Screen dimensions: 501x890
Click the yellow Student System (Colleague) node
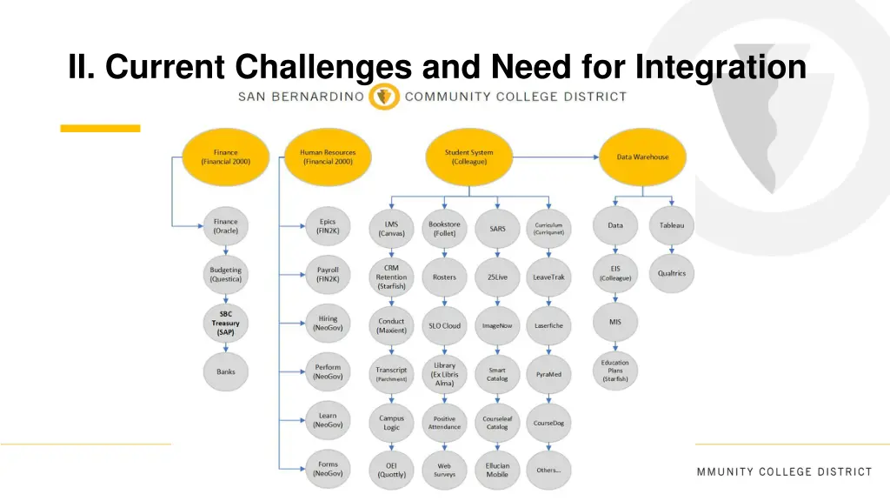point(468,157)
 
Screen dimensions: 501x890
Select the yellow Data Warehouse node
point(642,157)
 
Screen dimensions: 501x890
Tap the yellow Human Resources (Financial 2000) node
point(328,157)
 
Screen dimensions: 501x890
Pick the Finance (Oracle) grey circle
point(225,226)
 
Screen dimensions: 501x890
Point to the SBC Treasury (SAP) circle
point(225,323)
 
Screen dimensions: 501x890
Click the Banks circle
point(225,371)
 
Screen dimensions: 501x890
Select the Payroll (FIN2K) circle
point(328,274)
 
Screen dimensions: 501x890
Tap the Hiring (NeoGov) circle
point(328,323)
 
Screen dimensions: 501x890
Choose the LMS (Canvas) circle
point(391,229)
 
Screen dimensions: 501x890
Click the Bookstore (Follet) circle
point(444,229)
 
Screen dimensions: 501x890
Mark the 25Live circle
point(497,277)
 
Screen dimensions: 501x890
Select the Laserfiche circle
point(548,325)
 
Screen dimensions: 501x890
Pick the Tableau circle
point(671,225)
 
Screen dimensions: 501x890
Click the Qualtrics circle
point(671,273)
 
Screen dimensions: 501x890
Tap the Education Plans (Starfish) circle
point(615,371)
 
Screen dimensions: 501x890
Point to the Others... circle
point(548,470)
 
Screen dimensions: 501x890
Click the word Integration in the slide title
point(721,66)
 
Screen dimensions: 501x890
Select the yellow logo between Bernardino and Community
point(384,97)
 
